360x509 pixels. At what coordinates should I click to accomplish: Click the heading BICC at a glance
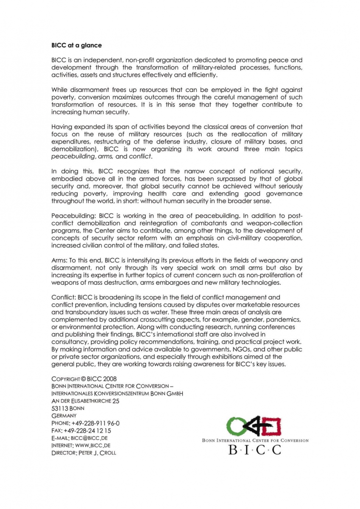coord(76,45)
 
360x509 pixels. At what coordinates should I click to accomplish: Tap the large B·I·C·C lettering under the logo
coord(255,450)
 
